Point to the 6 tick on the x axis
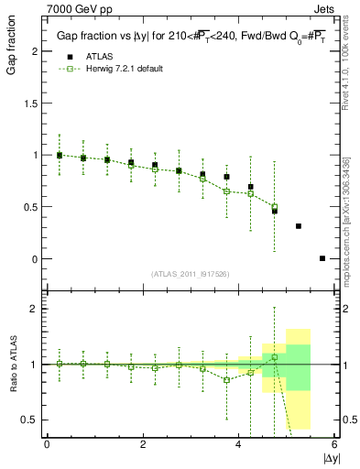(334, 444)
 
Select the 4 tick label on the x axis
(238, 444)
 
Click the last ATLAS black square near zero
(322, 258)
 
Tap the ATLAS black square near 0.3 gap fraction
(299, 225)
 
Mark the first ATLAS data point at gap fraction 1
(60, 155)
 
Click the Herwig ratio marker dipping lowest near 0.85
(226, 379)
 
